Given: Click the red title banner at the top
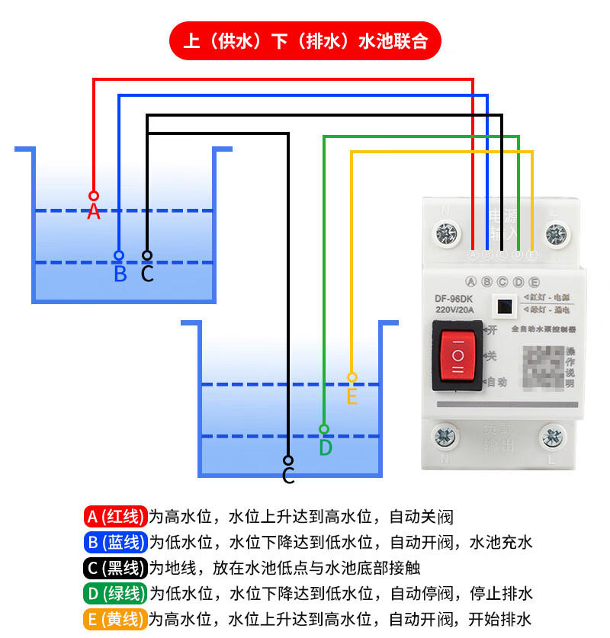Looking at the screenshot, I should click(x=304, y=41).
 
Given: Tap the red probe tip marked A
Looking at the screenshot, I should click(x=94, y=196).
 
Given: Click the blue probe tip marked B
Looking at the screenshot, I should click(x=119, y=255).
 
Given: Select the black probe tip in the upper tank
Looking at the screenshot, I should click(x=147, y=255).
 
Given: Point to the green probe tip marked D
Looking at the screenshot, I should click(x=324, y=429).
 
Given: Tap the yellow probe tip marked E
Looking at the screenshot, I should click(x=352, y=377).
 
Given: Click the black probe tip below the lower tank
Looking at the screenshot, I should click(x=288, y=460).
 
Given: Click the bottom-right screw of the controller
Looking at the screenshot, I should click(x=554, y=436).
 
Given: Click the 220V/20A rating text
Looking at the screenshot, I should click(x=455, y=310).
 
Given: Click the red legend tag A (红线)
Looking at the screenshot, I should click(x=115, y=517).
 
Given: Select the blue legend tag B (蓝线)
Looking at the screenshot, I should click(x=115, y=542).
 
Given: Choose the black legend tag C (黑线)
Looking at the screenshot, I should click(x=115, y=568).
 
